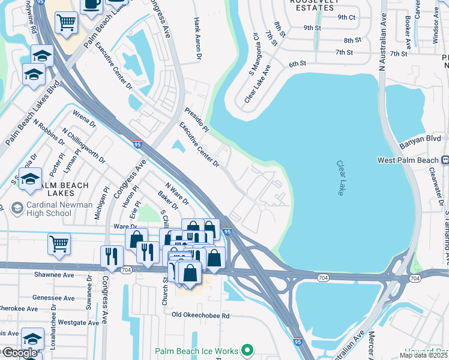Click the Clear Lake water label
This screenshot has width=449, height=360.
[340, 178]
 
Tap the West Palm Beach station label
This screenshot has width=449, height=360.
[409, 160]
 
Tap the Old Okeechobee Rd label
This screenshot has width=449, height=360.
[200, 315]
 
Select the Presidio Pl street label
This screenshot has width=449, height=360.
[196, 120]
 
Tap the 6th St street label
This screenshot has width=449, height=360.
[297, 63]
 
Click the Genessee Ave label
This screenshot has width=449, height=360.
[53, 298]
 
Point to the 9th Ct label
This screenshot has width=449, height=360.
[346, 17]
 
